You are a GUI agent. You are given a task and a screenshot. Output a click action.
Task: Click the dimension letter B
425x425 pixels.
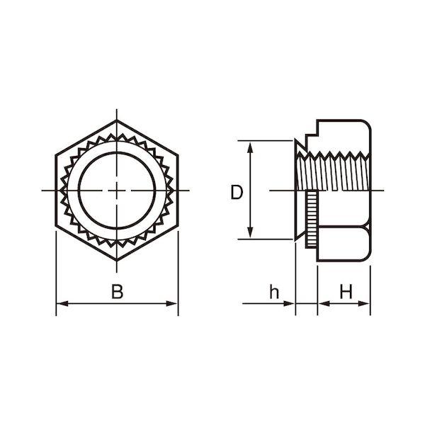click(x=117, y=291)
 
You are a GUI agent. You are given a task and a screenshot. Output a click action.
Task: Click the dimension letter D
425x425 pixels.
click(x=237, y=192)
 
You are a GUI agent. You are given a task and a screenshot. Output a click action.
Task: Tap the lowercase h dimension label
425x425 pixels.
click(x=274, y=291)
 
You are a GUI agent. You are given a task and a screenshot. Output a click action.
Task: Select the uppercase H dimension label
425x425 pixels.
click(x=346, y=291)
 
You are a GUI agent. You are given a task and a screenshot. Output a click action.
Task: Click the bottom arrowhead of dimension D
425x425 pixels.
click(x=250, y=233)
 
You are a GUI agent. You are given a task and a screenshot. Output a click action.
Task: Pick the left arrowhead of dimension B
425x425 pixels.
click(x=62, y=304)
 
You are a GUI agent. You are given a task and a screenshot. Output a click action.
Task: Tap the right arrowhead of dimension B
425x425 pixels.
click(x=172, y=304)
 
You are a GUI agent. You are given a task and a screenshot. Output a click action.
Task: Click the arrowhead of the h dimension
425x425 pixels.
click(x=289, y=304)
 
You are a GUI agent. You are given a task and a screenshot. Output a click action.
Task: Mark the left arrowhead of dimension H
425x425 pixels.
click(x=324, y=304)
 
